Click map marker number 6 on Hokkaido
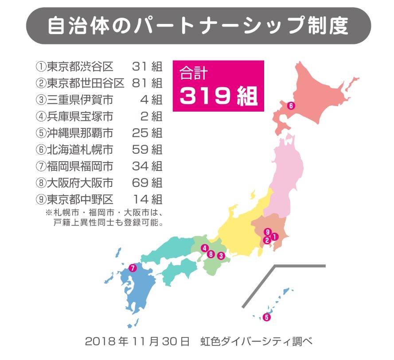[x=290, y=106]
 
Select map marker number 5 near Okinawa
[x=266, y=317]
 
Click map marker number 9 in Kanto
[x=267, y=232]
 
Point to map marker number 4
[x=204, y=248]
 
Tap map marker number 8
[x=211, y=254]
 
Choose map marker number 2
[x=267, y=240]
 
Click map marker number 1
[x=274, y=237]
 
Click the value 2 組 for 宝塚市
[x=151, y=116]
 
